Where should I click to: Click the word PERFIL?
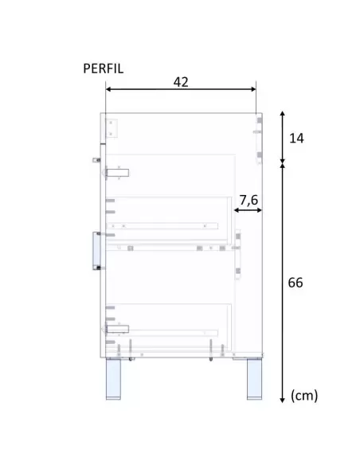[104, 68]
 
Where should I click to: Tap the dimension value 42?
[181, 82]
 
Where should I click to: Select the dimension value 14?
[296, 139]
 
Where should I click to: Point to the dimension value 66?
[295, 283]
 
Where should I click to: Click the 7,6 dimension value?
[248, 200]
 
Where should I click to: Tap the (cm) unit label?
[304, 396]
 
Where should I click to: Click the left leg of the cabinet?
[113, 379]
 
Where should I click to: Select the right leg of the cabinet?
[254, 379]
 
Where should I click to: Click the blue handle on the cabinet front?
[96, 251]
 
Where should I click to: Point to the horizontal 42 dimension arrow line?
[181, 89]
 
